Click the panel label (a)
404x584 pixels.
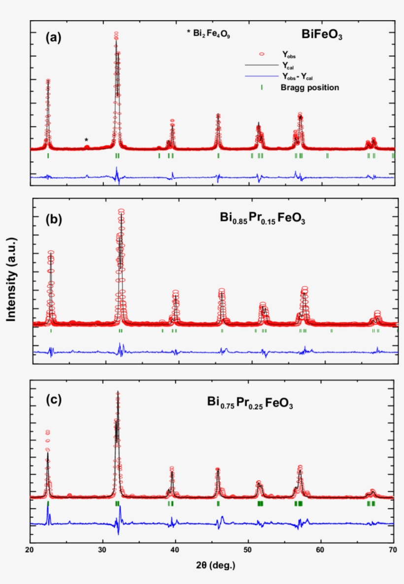pos(53,37)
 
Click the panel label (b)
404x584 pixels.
pos(53,219)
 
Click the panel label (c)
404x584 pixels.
pos(53,400)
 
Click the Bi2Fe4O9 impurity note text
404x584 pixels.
pos(208,35)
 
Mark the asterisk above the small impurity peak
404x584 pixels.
pos(86,140)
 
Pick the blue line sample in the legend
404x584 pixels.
pos(262,76)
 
